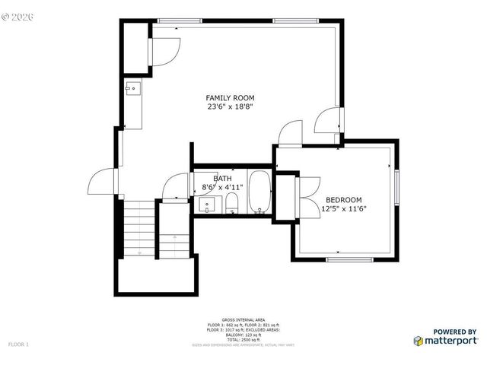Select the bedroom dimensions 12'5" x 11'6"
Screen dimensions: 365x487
344,209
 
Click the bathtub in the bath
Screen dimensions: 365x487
259,195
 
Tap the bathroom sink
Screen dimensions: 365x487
205,205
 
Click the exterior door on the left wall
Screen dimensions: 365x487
102,182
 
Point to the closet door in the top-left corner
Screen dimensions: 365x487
165,51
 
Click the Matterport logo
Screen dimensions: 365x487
445,340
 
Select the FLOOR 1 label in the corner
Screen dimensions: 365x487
18,344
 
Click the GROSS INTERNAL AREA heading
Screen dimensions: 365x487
243,319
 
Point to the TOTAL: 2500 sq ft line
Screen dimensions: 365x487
243,339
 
